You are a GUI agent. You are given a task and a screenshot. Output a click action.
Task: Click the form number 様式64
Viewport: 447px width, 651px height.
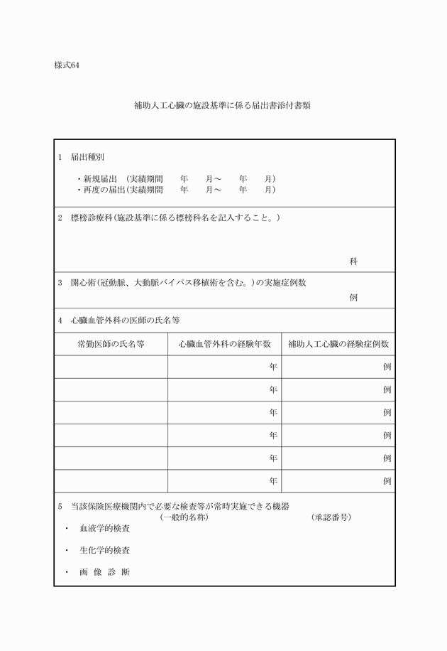point(67,66)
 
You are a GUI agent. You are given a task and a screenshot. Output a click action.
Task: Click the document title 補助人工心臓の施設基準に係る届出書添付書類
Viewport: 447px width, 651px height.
point(223,105)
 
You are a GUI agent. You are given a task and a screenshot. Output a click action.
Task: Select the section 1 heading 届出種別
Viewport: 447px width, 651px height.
point(87,156)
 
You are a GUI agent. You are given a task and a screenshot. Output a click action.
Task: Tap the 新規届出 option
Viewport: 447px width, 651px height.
point(99,178)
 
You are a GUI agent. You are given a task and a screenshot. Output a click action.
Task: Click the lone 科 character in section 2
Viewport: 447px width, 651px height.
point(353,262)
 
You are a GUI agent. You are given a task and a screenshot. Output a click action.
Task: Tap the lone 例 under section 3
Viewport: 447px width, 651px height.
point(353,298)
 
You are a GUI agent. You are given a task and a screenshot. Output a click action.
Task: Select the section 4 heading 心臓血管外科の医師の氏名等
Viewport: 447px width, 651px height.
point(125,321)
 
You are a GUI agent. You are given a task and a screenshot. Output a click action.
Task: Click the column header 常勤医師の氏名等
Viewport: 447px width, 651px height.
point(111,344)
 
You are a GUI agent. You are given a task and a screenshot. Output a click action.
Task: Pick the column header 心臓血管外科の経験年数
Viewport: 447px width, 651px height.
point(224,344)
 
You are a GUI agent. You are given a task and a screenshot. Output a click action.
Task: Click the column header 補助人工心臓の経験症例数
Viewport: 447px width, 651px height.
point(338,344)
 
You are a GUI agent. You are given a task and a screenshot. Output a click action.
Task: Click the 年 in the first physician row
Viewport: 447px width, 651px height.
point(273,367)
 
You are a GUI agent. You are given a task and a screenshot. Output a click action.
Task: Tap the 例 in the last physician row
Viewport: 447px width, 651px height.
point(387,481)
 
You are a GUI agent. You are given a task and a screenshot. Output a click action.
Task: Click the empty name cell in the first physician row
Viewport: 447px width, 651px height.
point(111,367)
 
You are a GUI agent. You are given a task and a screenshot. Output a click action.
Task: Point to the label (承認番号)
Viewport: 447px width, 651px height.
point(331,517)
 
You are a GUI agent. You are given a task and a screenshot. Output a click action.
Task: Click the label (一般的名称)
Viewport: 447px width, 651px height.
point(184,517)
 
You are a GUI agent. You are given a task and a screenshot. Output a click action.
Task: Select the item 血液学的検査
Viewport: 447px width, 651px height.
point(104,529)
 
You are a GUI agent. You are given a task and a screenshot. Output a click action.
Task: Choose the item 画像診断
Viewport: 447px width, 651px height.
point(104,572)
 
